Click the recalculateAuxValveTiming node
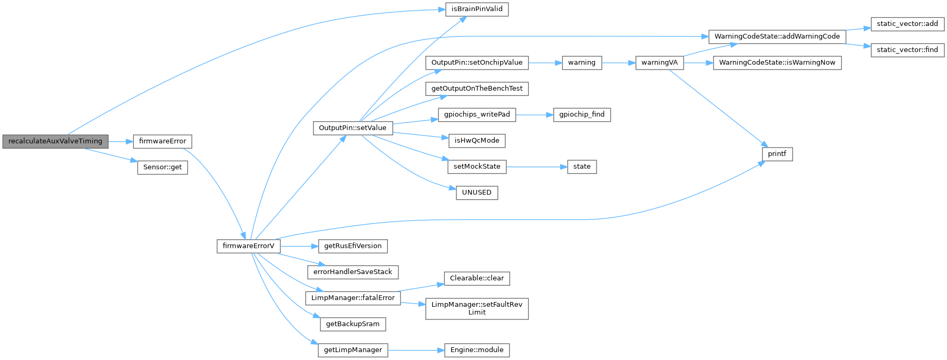coord(55,141)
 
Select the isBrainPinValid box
coord(477,9)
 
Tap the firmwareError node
coord(162,141)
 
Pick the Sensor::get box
coord(162,167)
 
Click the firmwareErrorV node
coord(248,246)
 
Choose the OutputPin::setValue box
coord(353,128)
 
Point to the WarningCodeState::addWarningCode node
coord(777,36)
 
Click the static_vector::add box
coord(907,24)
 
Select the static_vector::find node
coord(907,50)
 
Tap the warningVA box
coord(659,62)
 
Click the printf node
coord(777,154)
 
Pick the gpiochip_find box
coord(582,114)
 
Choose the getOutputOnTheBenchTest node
coord(477,89)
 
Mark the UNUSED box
coord(476,192)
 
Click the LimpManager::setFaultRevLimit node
coord(477,308)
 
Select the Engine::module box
coord(477,350)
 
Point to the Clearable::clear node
coord(477,278)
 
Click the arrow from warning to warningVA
coord(618,62)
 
